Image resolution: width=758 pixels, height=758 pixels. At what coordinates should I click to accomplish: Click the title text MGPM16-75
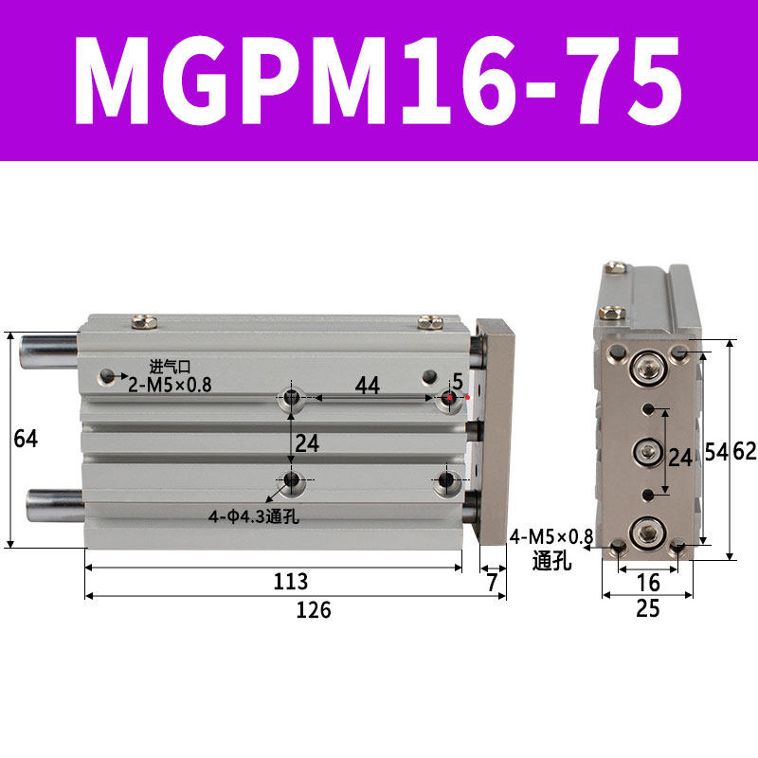tap(378, 81)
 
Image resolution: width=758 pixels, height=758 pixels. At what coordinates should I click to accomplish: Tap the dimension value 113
tap(291, 582)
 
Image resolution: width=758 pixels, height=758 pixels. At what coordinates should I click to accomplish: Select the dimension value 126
tap(314, 610)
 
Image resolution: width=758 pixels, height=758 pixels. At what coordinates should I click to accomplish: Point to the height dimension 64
tap(26, 439)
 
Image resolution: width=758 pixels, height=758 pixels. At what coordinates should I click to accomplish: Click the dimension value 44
tap(368, 386)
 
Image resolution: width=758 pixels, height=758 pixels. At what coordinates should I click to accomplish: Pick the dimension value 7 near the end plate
tap(492, 583)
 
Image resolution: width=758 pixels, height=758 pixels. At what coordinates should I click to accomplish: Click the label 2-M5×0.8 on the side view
tap(170, 385)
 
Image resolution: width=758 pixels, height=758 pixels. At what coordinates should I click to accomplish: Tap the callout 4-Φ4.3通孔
tap(253, 516)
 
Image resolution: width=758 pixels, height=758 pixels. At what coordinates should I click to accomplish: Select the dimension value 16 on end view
tap(648, 583)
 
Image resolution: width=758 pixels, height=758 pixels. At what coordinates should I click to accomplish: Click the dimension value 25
tap(648, 608)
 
